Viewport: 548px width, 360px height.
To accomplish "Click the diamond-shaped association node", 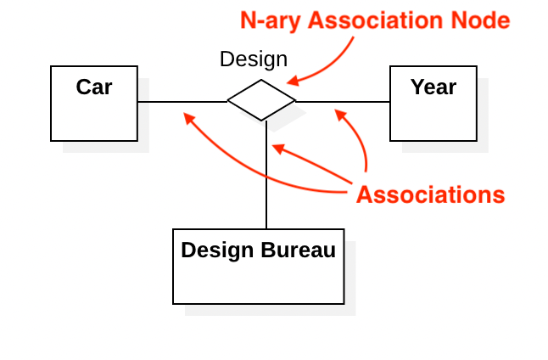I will (x=261, y=100).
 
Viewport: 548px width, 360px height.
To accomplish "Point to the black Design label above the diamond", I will (x=253, y=59).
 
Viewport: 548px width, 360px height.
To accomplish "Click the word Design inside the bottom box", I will (x=216, y=250).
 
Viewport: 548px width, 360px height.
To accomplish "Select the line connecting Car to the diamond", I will (x=182, y=102).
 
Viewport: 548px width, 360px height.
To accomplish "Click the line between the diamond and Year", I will (x=343, y=102).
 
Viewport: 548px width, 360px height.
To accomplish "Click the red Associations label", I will (x=430, y=194).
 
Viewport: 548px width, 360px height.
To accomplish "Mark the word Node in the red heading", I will (x=480, y=21).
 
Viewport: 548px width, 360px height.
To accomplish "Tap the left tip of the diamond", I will (x=228, y=101).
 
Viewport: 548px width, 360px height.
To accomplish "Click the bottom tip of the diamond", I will (x=262, y=121).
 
